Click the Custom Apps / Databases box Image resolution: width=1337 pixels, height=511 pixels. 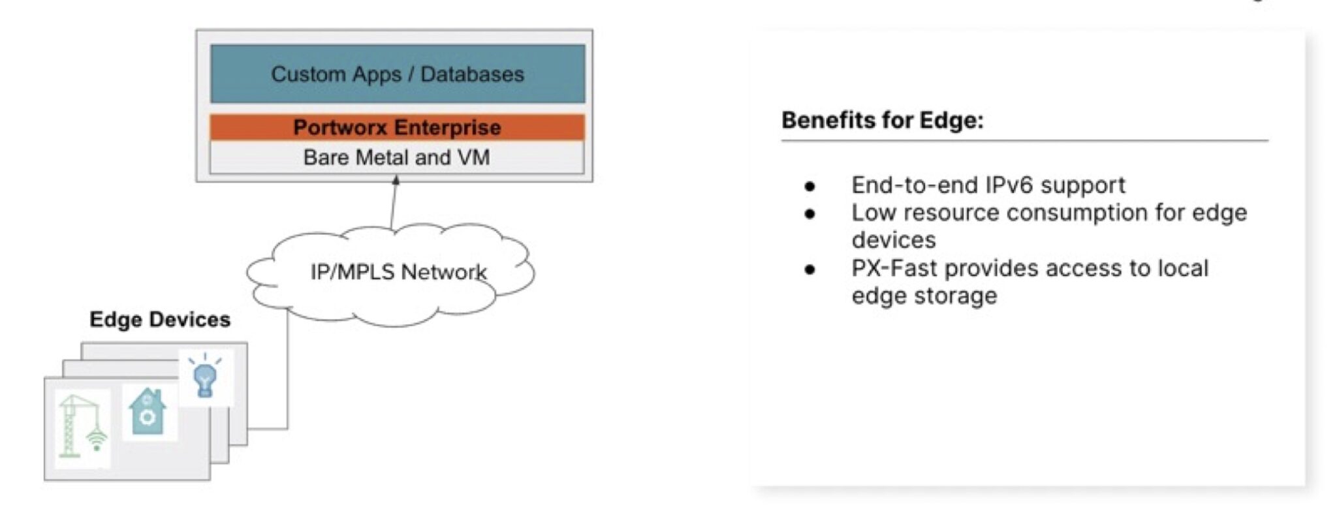coord(398,74)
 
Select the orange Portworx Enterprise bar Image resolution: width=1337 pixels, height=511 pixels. coord(398,127)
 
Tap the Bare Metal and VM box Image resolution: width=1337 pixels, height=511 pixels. coord(397,157)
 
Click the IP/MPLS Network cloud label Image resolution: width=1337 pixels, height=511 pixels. coord(398,271)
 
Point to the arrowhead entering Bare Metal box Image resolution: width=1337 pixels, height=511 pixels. coord(395,179)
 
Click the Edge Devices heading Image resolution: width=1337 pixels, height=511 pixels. coord(160,319)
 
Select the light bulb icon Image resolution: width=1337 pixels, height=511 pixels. coord(206,377)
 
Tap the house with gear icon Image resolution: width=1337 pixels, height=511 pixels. coord(148,412)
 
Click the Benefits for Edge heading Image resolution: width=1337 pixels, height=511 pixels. coord(882,120)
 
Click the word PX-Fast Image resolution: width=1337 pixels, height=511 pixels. coord(894,268)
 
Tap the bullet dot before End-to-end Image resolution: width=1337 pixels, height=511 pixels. coord(810,186)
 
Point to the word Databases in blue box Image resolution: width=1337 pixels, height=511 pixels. coord(472,74)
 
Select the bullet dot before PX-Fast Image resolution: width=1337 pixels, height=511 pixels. coord(810,269)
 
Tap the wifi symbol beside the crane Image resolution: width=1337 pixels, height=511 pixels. coord(97,439)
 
